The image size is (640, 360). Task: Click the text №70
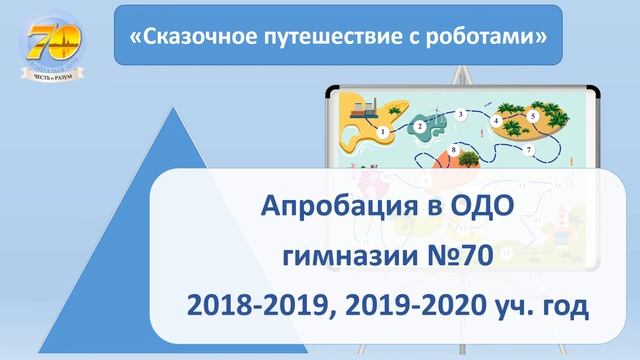click(x=460, y=256)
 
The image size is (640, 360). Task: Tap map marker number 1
click(x=384, y=131)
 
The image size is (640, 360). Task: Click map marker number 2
click(x=419, y=126)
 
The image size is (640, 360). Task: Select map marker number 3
click(x=460, y=115)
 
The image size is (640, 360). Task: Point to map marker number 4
click(x=497, y=120)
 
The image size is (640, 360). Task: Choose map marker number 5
click(x=533, y=116)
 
